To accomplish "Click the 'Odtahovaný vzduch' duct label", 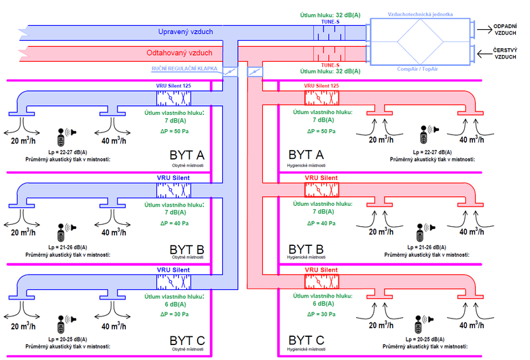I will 179,52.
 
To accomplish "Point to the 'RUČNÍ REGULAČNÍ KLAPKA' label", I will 183,69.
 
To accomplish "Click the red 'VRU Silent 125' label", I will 321,86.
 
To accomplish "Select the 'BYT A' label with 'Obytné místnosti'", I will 186,157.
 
